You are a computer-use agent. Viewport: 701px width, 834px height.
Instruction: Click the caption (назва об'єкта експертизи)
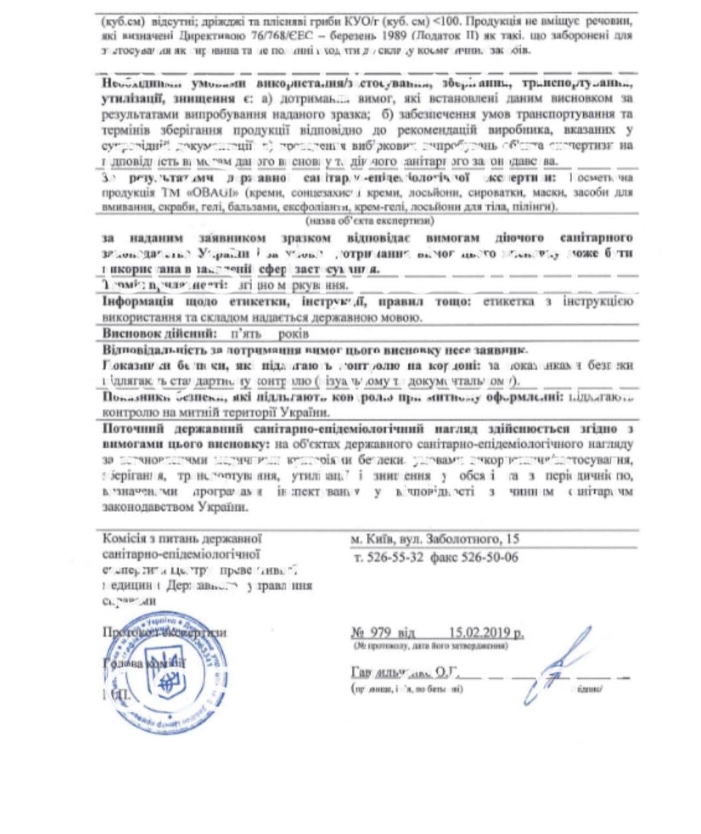point(366,220)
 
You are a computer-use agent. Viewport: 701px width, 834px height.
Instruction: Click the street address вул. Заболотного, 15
point(453,539)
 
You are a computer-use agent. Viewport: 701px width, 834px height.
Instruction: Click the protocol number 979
point(380,633)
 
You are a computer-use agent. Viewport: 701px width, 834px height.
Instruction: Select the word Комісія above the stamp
point(123,538)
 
